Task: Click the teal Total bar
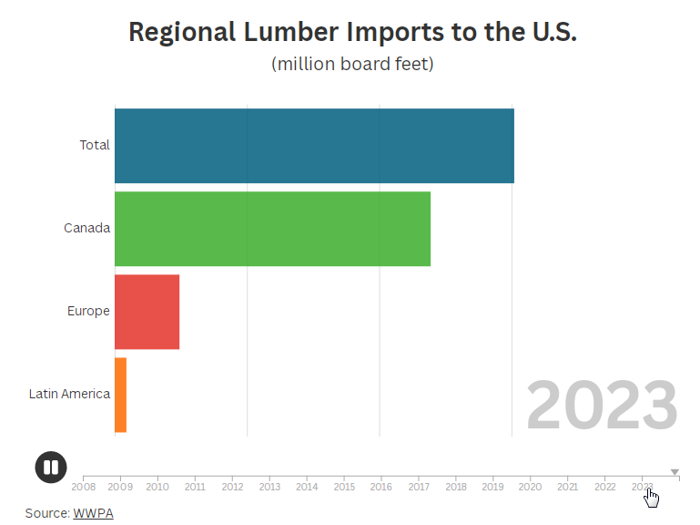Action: [x=314, y=146]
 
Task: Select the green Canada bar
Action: [x=272, y=228]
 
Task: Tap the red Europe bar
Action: [x=147, y=311]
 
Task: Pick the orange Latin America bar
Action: [x=120, y=395]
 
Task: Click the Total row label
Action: [x=95, y=145]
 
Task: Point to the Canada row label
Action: [x=87, y=228]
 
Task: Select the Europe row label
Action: [x=88, y=311]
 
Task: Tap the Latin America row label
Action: [x=69, y=395]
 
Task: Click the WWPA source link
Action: [x=93, y=513]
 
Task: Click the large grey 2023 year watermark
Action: [x=602, y=407]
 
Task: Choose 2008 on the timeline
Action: [x=83, y=487]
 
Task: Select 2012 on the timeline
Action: [x=232, y=487]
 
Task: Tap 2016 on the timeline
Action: [x=381, y=487]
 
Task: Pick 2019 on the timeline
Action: [x=492, y=487]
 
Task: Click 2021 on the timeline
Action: [x=567, y=487]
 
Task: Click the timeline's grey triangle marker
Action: [x=675, y=472]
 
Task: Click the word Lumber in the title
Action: [x=290, y=32]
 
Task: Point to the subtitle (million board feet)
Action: [x=352, y=64]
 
